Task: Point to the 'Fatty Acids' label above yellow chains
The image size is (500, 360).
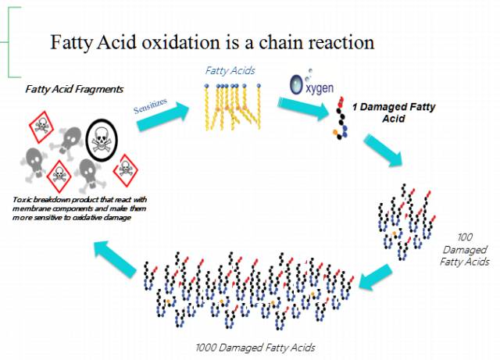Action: pos(230,71)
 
